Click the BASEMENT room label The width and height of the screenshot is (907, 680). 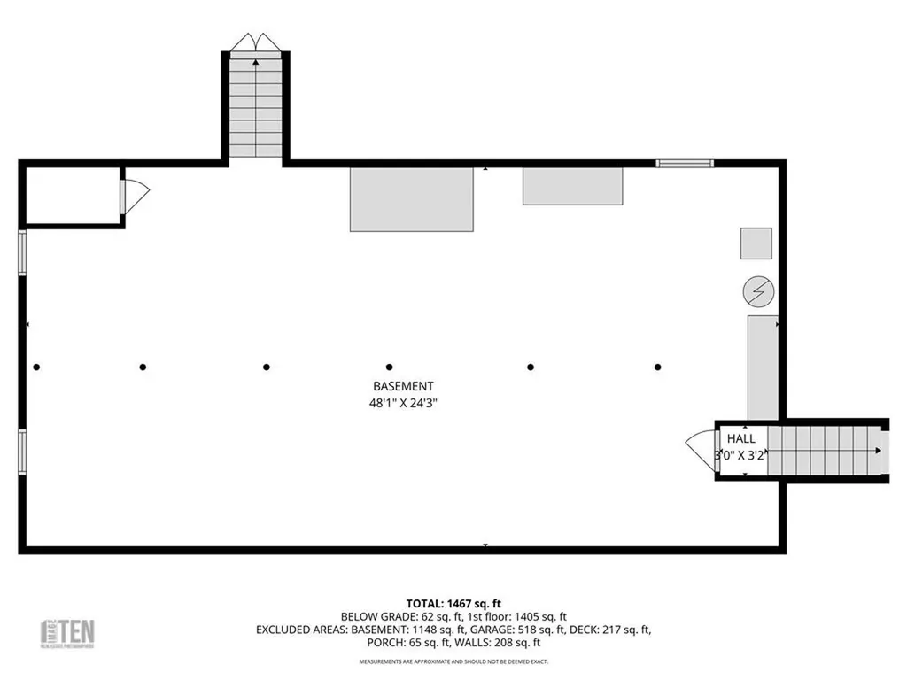[403, 386]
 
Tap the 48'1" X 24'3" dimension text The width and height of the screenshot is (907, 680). [403, 403]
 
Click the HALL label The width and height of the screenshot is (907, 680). [741, 438]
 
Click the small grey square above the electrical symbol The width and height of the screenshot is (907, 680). [756, 243]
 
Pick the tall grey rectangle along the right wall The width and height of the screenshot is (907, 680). [763, 367]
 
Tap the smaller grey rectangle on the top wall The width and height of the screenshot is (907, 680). [572, 186]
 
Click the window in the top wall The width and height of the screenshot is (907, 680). [684, 163]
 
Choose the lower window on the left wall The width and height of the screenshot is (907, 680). [22, 452]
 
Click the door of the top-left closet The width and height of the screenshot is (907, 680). [134, 197]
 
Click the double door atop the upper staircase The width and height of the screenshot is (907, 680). [255, 42]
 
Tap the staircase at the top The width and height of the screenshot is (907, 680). [255, 104]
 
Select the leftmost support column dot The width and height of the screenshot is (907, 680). [36, 367]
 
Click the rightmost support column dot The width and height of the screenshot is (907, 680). [657, 367]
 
